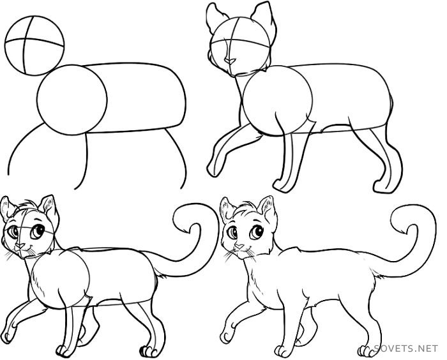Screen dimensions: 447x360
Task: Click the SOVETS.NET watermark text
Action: click(x=405, y=349)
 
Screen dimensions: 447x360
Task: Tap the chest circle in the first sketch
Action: click(x=37, y=100)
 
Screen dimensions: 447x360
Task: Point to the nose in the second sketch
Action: click(x=229, y=61)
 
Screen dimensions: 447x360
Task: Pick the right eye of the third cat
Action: click(x=37, y=232)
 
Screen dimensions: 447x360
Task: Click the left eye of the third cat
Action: click(x=13, y=232)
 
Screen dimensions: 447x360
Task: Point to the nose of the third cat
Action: click(x=20, y=245)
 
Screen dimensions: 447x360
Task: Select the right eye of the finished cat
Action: click(x=257, y=232)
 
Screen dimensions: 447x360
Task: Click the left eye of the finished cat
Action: click(x=232, y=232)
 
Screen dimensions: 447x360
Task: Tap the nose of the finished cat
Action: click(x=239, y=246)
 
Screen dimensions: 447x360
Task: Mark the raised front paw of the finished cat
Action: click(x=227, y=336)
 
